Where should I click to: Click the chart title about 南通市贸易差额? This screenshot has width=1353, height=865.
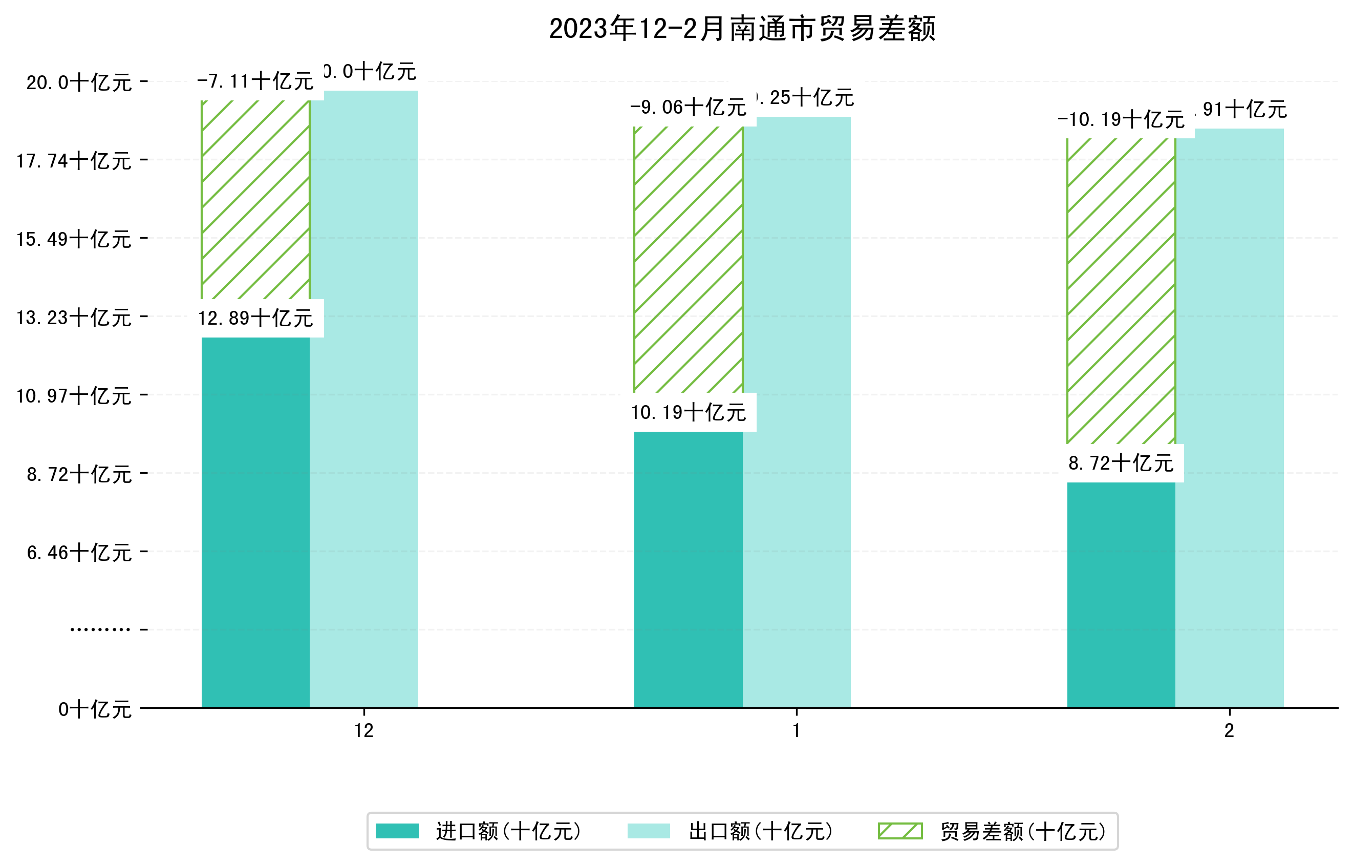point(742,29)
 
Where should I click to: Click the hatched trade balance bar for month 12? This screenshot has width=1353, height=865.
point(255,200)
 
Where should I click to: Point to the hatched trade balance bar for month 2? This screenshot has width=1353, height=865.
point(1121,290)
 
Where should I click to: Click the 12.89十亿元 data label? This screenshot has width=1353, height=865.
point(255,319)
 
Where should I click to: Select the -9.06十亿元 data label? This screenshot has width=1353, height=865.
point(689,108)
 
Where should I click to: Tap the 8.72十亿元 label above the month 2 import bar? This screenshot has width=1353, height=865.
point(1121,463)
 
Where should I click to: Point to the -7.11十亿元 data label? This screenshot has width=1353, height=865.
point(255,81)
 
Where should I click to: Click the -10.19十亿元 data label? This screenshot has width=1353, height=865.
point(1121,120)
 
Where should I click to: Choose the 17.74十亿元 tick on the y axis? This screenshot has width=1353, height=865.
point(74,161)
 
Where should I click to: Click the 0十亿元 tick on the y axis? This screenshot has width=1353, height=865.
point(95,709)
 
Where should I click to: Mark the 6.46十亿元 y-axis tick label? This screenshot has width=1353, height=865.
point(79,553)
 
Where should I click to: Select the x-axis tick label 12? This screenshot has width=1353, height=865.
point(363,731)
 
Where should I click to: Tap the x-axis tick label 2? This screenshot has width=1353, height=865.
point(1230,731)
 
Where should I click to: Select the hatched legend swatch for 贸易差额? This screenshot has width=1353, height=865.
point(900,831)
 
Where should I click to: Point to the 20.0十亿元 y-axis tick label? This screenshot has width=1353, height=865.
point(79,83)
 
